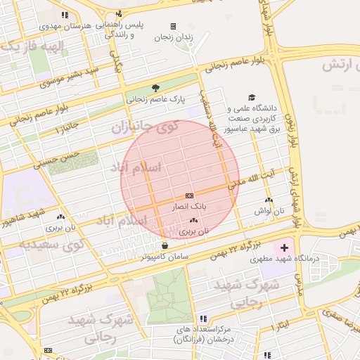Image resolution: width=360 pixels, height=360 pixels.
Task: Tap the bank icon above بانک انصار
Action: coord(188,195)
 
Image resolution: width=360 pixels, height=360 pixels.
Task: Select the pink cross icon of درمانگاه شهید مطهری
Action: coord(283,248)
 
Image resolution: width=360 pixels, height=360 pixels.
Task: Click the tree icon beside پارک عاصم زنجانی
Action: coord(155,89)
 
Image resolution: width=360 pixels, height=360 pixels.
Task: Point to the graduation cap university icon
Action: coord(252,98)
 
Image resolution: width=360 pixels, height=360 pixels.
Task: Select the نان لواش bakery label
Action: coord(268,210)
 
